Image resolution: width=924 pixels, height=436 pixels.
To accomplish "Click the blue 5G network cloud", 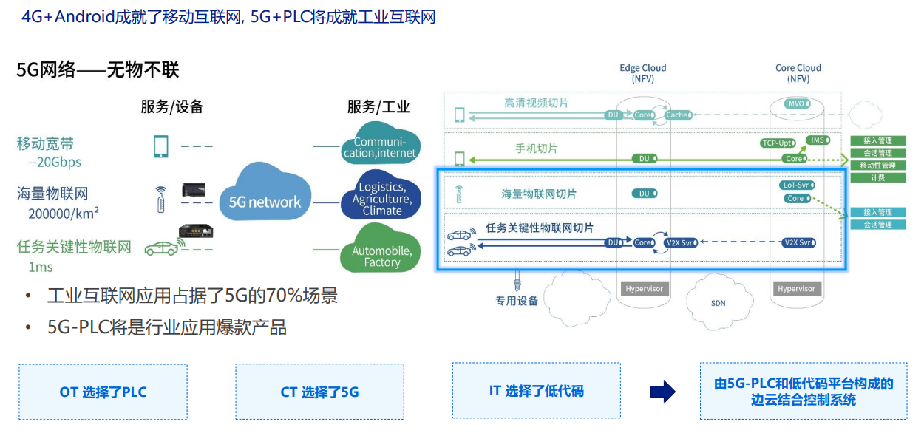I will [x=265, y=201].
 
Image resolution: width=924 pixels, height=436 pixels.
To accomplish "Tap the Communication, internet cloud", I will [x=380, y=147].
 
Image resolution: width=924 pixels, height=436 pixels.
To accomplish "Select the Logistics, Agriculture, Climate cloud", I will [x=381, y=198].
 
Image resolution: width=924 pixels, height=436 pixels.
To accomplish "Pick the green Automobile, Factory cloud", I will [x=381, y=256].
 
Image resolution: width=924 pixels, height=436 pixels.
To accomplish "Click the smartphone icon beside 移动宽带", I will [x=160, y=146].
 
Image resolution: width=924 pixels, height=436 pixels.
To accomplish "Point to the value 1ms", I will [x=41, y=267].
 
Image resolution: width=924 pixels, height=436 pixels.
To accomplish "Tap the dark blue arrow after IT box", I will [x=662, y=392].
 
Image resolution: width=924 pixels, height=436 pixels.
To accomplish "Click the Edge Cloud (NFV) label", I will [x=643, y=73].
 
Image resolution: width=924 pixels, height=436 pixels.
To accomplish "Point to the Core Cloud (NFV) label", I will [x=798, y=73].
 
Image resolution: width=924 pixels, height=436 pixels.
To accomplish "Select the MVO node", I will [x=797, y=104].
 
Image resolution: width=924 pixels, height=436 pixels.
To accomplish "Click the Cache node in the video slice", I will [x=677, y=115].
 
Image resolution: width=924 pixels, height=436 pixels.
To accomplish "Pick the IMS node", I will [x=818, y=140].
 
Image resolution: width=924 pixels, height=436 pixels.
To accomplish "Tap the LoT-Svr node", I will [x=795, y=185].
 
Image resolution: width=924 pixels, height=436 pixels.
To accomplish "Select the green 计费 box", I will [x=878, y=178].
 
